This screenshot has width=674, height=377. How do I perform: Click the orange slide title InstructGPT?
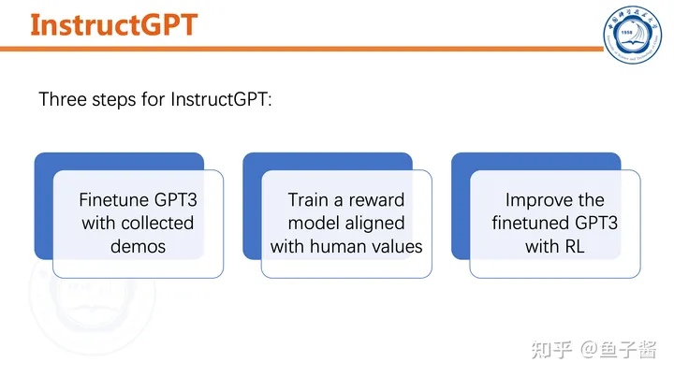pyautogui.click(x=114, y=25)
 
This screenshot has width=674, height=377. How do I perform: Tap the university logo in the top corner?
pyautogui.click(x=632, y=35)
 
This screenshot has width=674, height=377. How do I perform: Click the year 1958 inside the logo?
pyautogui.click(x=626, y=32)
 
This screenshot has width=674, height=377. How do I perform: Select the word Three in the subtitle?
pyautogui.click(x=63, y=99)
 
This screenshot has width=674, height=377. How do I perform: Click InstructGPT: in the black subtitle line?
pyautogui.click(x=221, y=99)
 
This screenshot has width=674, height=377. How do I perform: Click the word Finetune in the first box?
pyautogui.click(x=114, y=200)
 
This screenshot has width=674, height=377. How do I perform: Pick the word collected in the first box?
pyautogui.click(x=157, y=224)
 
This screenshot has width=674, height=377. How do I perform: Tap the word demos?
pyautogui.click(x=138, y=247)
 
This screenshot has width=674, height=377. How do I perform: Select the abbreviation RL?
pyautogui.click(x=574, y=247)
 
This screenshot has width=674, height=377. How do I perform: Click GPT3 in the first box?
pyautogui.click(x=175, y=200)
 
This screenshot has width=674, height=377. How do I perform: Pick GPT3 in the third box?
pyautogui.click(x=596, y=224)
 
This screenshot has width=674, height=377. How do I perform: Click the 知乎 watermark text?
pyautogui.click(x=551, y=350)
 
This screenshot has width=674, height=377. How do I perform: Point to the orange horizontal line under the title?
pyautogui.click(x=301, y=49)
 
